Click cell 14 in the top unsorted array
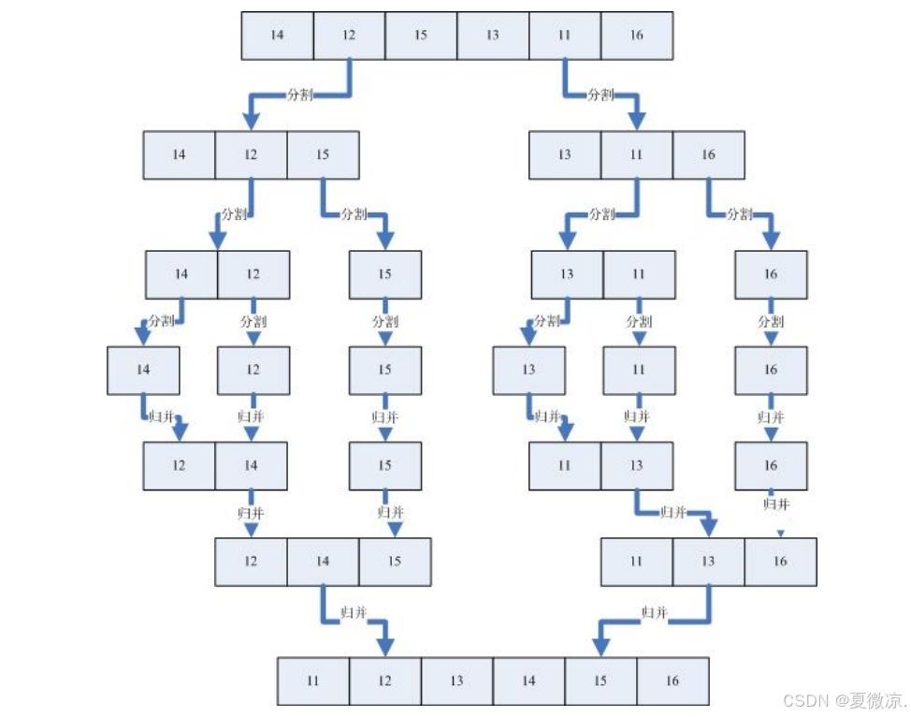[x=277, y=36]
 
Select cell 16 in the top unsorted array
[x=636, y=36]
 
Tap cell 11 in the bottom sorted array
[x=313, y=680]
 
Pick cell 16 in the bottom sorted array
[x=672, y=680]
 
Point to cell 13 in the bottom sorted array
[x=456, y=680]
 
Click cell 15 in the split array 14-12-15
[x=323, y=154]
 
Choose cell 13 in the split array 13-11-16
[x=564, y=154]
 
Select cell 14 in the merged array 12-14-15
[x=323, y=562]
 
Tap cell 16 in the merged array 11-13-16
[x=780, y=562]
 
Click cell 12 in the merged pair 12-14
[x=179, y=465]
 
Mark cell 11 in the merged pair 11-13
[x=564, y=465]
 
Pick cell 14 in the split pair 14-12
[x=181, y=274]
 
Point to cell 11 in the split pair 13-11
[x=638, y=274]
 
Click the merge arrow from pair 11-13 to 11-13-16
[x=673, y=513]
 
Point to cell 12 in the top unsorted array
[x=349, y=36]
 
